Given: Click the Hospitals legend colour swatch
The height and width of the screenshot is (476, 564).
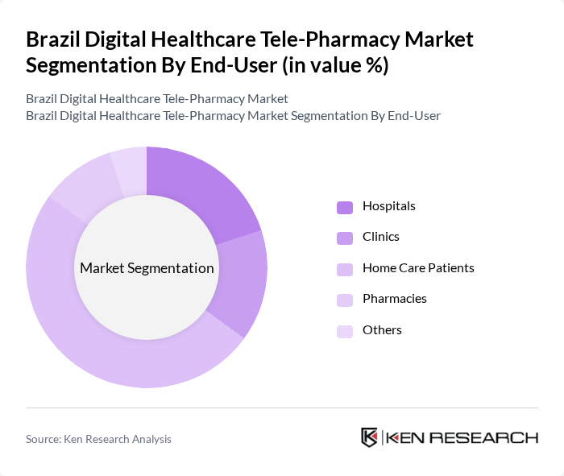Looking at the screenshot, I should pos(345,207).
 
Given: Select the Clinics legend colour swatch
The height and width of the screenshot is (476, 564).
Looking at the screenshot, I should pos(345,238).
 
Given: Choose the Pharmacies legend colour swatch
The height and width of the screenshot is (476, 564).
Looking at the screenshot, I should pos(345,300).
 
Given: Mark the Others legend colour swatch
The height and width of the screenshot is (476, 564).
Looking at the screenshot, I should pos(345,331).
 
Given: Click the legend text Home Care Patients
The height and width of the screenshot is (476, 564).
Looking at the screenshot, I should pos(418,268).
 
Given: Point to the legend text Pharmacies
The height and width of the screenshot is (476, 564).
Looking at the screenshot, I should pos(394,299).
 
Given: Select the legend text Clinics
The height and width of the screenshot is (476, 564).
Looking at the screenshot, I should pos(380,237).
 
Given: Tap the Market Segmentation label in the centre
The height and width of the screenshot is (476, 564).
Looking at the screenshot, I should pos(147,268).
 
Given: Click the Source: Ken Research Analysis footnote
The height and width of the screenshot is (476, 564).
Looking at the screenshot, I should pos(98,439).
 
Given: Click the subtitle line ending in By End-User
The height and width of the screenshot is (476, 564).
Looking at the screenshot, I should pos(233,116).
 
